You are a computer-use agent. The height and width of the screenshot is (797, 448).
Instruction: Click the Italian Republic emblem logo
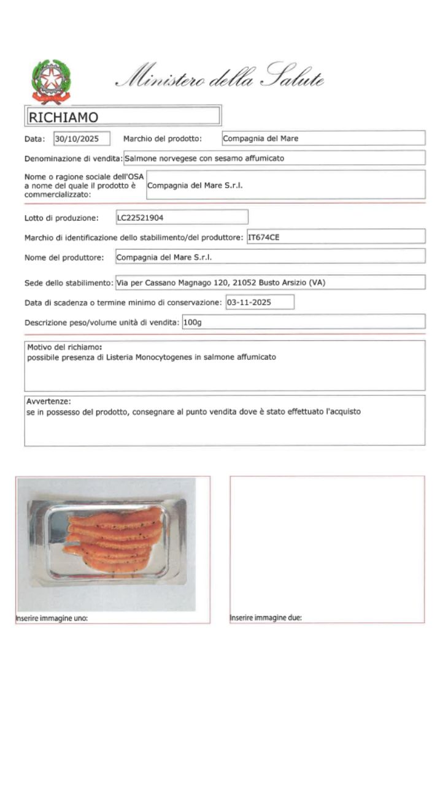tap(51, 81)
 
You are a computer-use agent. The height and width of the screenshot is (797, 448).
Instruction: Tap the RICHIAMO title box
tap(123, 116)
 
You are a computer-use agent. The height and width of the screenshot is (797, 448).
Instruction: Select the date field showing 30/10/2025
tap(82, 139)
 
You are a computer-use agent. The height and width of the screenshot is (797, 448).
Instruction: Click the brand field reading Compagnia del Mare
tap(323, 139)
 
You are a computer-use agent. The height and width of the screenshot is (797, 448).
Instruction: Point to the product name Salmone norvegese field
tap(274, 158)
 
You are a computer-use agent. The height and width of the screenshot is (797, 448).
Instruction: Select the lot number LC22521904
tap(182, 217)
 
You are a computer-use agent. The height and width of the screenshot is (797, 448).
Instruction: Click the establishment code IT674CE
tap(335, 237)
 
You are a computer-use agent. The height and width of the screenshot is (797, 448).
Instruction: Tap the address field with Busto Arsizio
tap(270, 283)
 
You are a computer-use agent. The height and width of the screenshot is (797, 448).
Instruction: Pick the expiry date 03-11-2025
tap(260, 302)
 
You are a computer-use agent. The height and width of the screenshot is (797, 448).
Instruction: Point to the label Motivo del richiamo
tap(64, 348)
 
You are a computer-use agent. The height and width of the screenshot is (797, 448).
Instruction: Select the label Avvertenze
tap(49, 402)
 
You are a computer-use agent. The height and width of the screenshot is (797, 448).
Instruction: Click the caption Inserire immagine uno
tap(52, 618)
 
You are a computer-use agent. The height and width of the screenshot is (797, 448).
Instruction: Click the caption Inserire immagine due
tap(266, 618)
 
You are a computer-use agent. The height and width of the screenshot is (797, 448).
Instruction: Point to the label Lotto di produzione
tap(61, 218)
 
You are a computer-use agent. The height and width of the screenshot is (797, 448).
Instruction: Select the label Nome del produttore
tap(64, 257)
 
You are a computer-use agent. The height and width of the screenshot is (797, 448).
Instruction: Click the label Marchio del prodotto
tap(163, 139)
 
